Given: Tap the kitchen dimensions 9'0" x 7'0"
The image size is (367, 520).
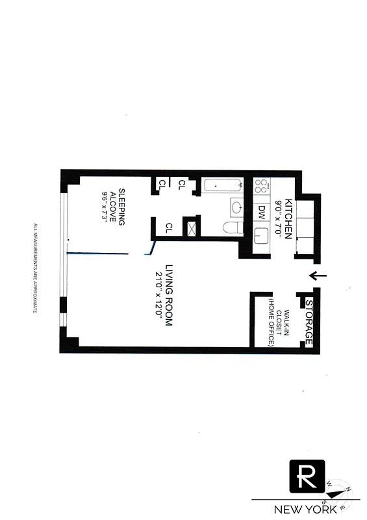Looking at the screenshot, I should (279, 218).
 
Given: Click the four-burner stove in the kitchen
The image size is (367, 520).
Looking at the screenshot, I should (261, 187).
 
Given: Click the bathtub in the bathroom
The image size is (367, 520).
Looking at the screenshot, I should (221, 186).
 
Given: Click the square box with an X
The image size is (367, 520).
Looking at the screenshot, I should (192, 228).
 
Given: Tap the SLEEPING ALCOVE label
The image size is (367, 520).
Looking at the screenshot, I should (116, 205).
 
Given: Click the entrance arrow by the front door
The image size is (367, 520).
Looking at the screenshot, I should (317, 276).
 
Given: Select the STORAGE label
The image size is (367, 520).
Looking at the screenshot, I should (310, 323).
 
